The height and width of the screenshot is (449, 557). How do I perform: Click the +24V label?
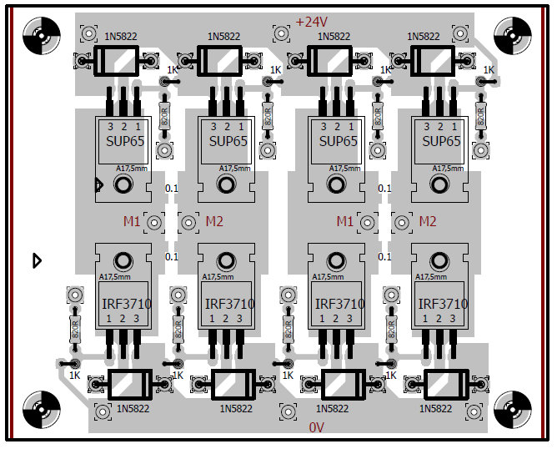pyautogui.click(x=312, y=23)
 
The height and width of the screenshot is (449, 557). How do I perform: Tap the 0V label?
pyautogui.click(x=317, y=427)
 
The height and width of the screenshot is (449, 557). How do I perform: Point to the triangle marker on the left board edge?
pyautogui.click(x=36, y=260)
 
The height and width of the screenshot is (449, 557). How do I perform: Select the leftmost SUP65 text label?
pyautogui.click(x=125, y=141)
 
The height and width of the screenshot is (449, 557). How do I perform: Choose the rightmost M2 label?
pyautogui.click(x=427, y=221)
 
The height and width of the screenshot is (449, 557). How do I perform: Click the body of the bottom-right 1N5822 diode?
pyautogui.click(x=446, y=386)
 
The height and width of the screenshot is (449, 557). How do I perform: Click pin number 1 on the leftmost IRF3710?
pyautogui.click(x=108, y=319)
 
